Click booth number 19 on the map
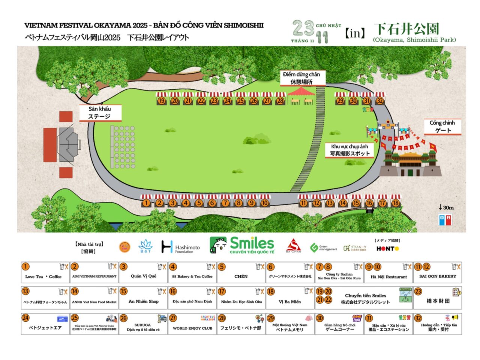click(x=162, y=100)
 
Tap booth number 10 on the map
click(x=265, y=203)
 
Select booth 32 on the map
click(x=380, y=100)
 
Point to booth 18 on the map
click(x=396, y=203)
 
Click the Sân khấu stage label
click(x=100, y=112)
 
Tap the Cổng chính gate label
click(x=442, y=126)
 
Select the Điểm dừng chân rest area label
click(x=301, y=78)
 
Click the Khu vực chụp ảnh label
click(x=349, y=150)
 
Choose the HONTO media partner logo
click(x=388, y=248)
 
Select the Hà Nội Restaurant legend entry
click(x=388, y=273)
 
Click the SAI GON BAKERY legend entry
click(x=437, y=273)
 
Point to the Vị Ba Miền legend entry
click(x=290, y=298)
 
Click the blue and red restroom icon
click(x=445, y=219)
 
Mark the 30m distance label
click(x=446, y=207)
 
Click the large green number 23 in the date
click(x=303, y=28)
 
